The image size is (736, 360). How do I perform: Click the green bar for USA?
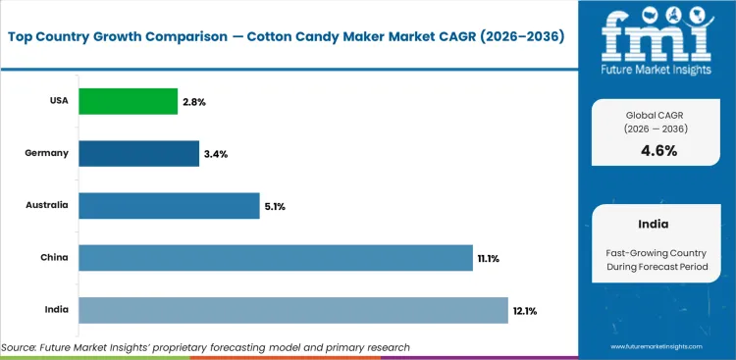point(128,101)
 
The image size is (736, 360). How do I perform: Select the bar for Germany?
point(138,153)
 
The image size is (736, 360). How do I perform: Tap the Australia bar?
point(169,206)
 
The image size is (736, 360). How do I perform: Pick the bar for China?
point(276,258)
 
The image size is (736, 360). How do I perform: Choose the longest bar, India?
point(292,310)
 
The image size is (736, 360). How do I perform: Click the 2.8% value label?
point(193,101)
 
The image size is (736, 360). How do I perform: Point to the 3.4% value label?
point(215,153)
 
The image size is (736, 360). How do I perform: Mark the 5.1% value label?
point(275,206)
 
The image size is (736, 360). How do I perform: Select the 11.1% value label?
point(489,258)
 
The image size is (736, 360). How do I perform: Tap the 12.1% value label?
point(524,310)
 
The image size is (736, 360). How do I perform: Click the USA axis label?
point(58,101)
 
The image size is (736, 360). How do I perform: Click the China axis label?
point(55,258)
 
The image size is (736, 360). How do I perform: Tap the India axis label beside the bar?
point(57,310)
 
